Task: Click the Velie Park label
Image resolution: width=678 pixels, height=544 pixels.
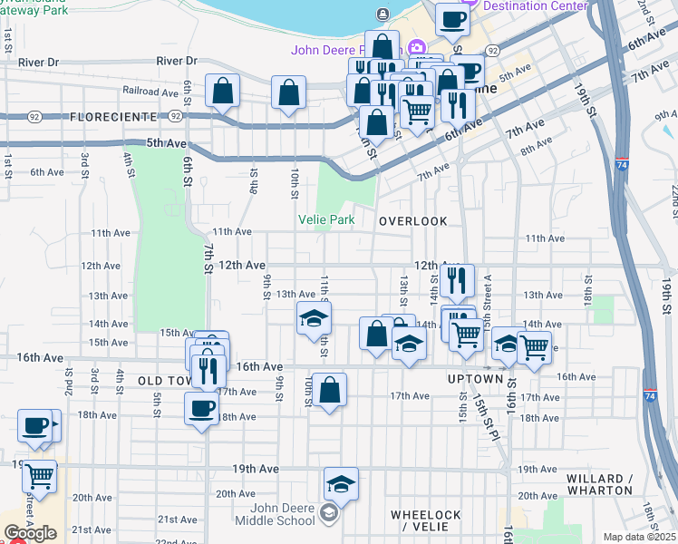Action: tap(326, 219)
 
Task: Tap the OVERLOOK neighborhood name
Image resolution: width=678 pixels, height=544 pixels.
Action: tap(413, 221)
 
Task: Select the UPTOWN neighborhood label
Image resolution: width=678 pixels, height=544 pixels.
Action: tap(475, 378)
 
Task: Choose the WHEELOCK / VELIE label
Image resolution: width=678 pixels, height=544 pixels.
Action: tap(426, 520)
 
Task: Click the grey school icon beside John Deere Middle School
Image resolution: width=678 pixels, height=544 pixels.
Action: tap(329, 515)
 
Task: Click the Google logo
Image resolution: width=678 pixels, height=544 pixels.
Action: tap(30, 533)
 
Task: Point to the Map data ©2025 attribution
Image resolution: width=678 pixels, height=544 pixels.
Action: tap(640, 537)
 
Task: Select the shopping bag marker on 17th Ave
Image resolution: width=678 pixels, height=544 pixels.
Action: tap(330, 390)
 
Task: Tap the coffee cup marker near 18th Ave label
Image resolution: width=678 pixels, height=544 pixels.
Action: tap(201, 407)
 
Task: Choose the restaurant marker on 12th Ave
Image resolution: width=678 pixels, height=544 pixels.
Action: tap(457, 281)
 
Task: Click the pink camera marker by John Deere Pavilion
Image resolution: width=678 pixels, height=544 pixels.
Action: tap(416, 48)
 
